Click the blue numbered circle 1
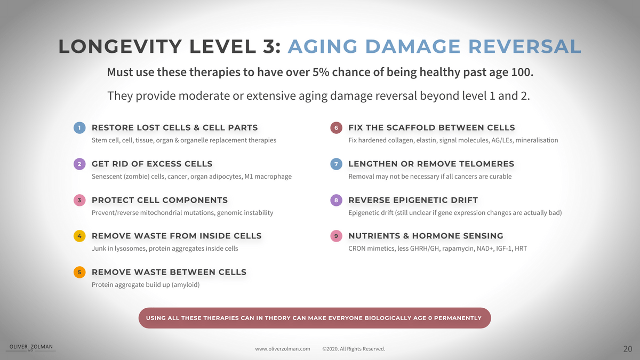point(79,127)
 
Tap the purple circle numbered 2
point(79,164)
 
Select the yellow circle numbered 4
point(79,236)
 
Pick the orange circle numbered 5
point(79,273)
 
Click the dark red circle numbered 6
point(337,127)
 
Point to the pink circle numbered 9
point(337,236)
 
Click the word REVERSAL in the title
point(525,46)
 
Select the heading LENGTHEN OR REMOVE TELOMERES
point(431,164)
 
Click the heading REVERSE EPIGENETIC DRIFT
point(413,201)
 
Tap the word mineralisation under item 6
point(537,140)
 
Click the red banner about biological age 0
point(315,318)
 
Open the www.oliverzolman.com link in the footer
point(283,349)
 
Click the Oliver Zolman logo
point(31,347)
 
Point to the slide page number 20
point(628,349)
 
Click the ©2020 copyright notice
point(354,349)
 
